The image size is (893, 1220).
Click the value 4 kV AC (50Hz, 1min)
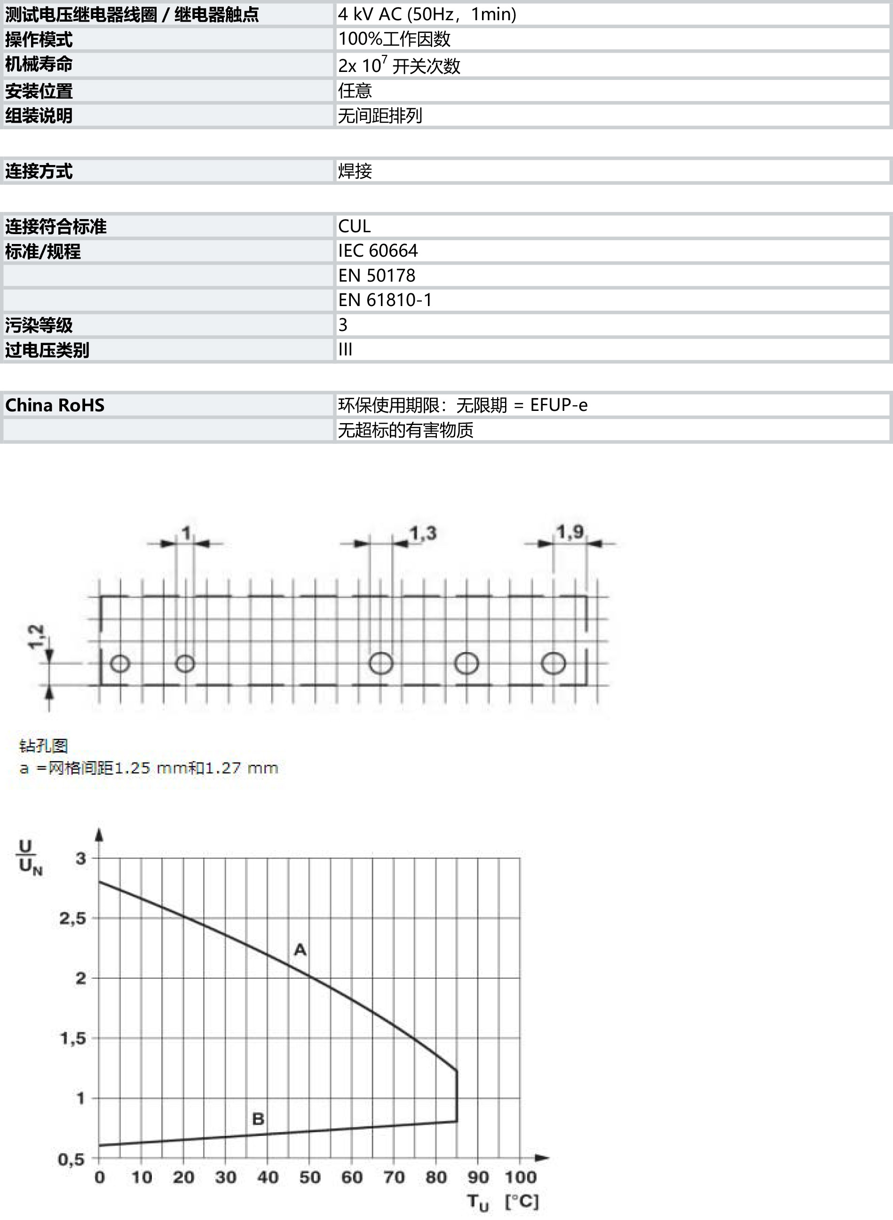(x=427, y=14)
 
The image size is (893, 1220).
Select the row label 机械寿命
(x=39, y=64)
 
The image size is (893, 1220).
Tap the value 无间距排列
(x=380, y=115)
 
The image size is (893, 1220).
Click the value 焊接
(x=355, y=171)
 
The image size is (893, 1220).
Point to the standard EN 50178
(x=377, y=275)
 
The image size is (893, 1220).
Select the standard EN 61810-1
(x=385, y=300)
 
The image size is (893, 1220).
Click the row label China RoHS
(x=55, y=405)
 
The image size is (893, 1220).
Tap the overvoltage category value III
(x=345, y=350)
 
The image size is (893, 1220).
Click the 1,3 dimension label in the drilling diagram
(x=423, y=533)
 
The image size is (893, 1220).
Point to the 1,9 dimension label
(x=570, y=532)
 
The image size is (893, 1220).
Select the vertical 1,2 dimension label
(x=36, y=636)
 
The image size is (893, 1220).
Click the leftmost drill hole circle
(x=120, y=663)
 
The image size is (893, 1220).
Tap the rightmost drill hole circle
(x=553, y=663)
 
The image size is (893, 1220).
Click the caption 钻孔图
(x=43, y=746)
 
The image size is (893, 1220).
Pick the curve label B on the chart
(x=258, y=1118)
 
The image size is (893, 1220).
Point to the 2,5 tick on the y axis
(x=72, y=918)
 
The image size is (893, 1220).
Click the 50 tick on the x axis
(x=310, y=1177)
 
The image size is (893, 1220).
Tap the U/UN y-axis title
(x=30, y=857)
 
